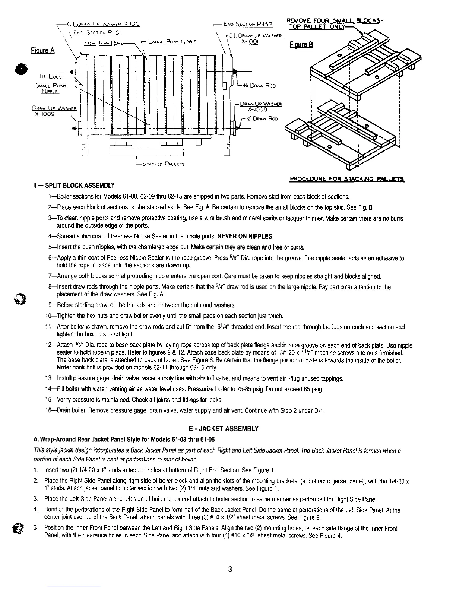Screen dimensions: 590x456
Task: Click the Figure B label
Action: coord(301,45)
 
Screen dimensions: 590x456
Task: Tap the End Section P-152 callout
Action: coord(248,25)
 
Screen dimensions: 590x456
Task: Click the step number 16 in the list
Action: coord(48,411)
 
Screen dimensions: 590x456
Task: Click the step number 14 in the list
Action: coord(48,390)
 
